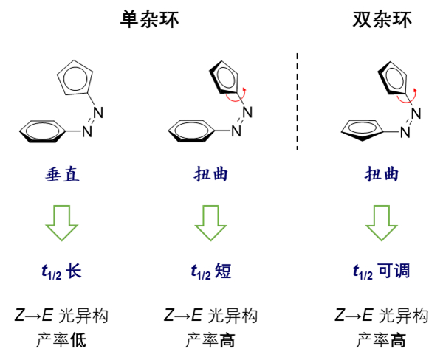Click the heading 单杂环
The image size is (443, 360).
(x=150, y=21)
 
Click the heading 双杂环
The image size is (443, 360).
(x=382, y=21)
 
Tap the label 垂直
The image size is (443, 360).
(x=61, y=174)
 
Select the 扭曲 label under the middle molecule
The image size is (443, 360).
(x=215, y=174)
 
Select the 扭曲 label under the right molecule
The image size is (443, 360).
(x=382, y=174)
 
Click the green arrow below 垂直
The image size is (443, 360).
(x=61, y=221)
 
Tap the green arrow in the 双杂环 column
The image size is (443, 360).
(x=382, y=221)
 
